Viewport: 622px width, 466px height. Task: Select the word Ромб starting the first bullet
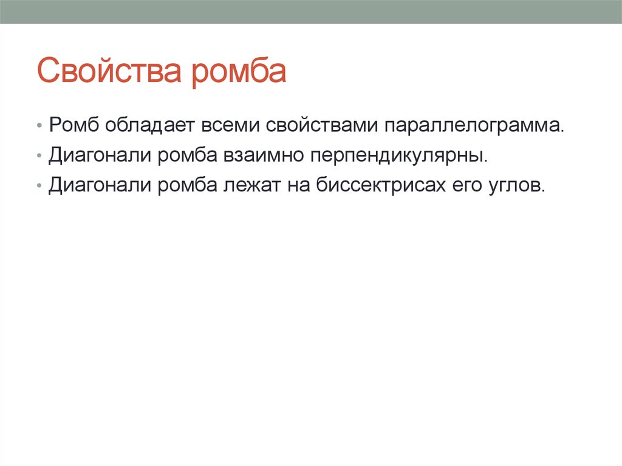click(x=75, y=126)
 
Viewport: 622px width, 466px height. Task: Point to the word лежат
click(x=251, y=184)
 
